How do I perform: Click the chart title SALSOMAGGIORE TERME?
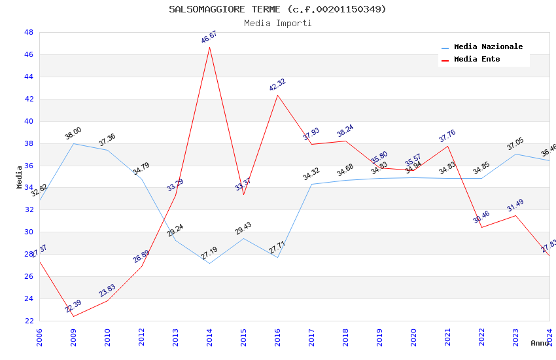coord(277,9)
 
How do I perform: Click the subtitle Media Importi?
coord(277,23)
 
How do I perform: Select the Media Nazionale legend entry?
coord(488,47)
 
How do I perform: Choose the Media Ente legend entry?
coord(477,59)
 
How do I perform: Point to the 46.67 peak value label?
coord(209,37)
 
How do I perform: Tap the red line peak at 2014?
coord(209,47)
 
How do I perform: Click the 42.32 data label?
coord(277,85)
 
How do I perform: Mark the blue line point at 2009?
coord(73,143)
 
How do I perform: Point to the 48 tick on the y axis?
coord(29,32)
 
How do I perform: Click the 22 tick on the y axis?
coord(29,321)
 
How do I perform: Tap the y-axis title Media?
coord(20,177)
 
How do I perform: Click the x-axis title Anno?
coord(540,343)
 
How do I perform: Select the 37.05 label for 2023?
coord(515,144)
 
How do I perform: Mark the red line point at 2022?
coord(481,227)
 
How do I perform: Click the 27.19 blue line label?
coord(209,253)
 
